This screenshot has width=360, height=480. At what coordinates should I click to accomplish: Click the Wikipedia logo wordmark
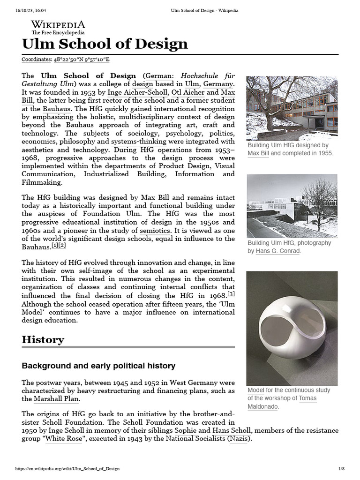pyautogui.click(x=58, y=25)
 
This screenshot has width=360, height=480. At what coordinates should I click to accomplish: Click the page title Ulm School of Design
pyautogui.click(x=105, y=44)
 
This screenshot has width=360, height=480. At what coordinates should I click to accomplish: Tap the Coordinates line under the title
pyautogui.click(x=66, y=60)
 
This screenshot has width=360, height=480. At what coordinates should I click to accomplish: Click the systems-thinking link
pyautogui.click(x=139, y=142)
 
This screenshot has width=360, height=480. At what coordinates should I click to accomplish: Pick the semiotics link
pyautogui.click(x=155, y=231)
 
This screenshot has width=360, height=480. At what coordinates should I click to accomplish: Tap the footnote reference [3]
pyautogui.click(x=231, y=294)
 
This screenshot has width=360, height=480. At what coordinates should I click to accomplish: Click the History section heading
pyautogui.click(x=43, y=340)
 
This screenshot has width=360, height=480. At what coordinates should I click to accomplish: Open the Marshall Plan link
pyautogui.click(x=57, y=399)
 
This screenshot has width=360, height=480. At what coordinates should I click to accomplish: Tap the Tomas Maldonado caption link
pyautogui.click(x=282, y=402)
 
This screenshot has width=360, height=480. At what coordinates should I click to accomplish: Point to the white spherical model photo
pyautogui.click(x=292, y=328)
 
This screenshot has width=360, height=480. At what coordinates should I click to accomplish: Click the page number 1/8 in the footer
pyautogui.click(x=341, y=469)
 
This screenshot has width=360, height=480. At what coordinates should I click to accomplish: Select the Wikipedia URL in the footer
pyautogui.click(x=67, y=469)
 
